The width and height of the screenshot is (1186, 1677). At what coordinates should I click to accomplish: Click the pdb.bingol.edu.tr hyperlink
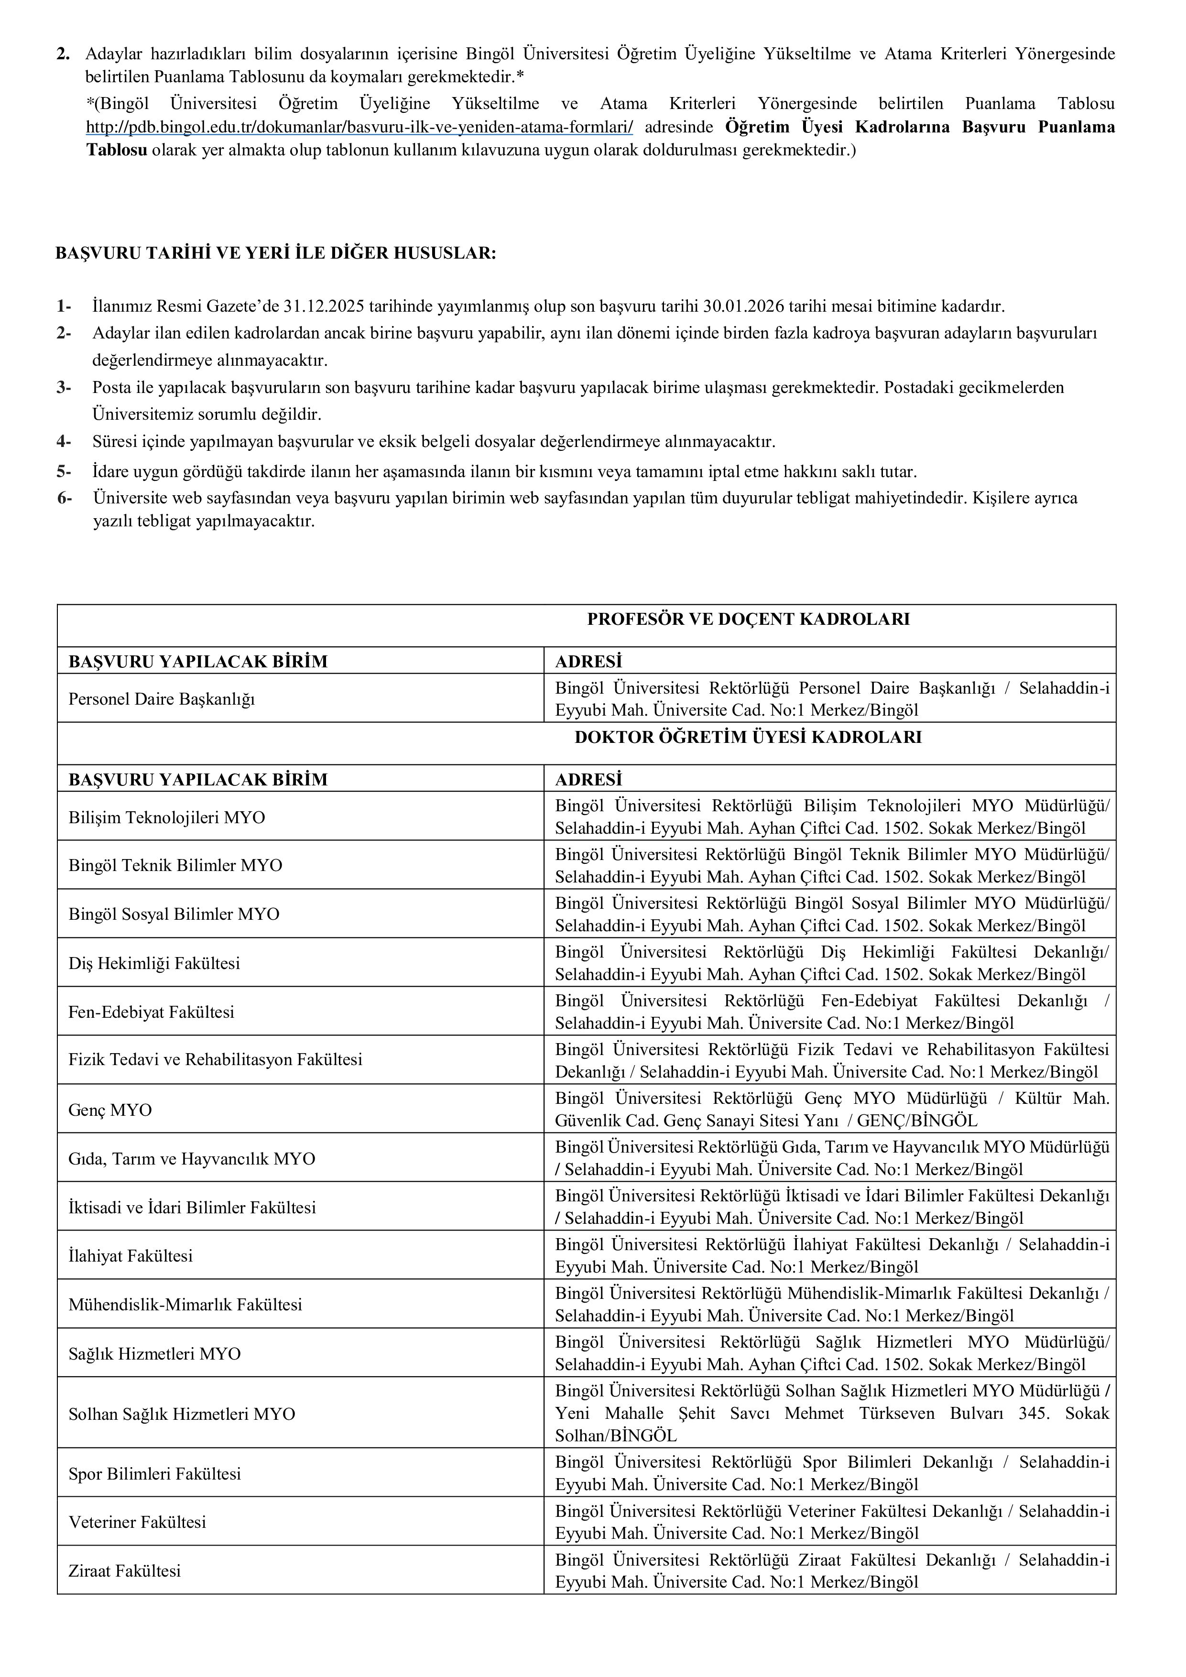click(x=359, y=127)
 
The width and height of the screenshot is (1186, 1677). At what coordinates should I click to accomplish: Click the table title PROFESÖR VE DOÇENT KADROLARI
click(x=749, y=620)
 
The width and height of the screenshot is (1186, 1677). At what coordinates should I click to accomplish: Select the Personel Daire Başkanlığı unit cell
click(x=162, y=699)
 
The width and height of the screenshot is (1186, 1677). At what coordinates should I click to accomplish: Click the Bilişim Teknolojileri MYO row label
click(x=166, y=817)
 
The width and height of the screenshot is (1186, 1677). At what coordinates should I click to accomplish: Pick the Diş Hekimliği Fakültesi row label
click(x=154, y=963)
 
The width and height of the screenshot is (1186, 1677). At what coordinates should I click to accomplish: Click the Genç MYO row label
click(x=110, y=1110)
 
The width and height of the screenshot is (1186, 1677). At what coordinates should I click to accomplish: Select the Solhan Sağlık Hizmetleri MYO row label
click(x=182, y=1414)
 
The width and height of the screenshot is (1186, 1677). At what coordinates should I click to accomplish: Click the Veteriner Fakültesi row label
click(x=137, y=1522)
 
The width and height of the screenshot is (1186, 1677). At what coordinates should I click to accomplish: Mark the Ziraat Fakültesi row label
click(x=125, y=1571)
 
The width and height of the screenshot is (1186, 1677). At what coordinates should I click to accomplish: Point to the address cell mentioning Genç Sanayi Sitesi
click(x=831, y=1110)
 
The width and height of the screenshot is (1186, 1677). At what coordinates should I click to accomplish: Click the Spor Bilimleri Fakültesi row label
click(x=155, y=1474)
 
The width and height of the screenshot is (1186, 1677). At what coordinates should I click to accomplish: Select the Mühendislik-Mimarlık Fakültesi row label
click(x=185, y=1305)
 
